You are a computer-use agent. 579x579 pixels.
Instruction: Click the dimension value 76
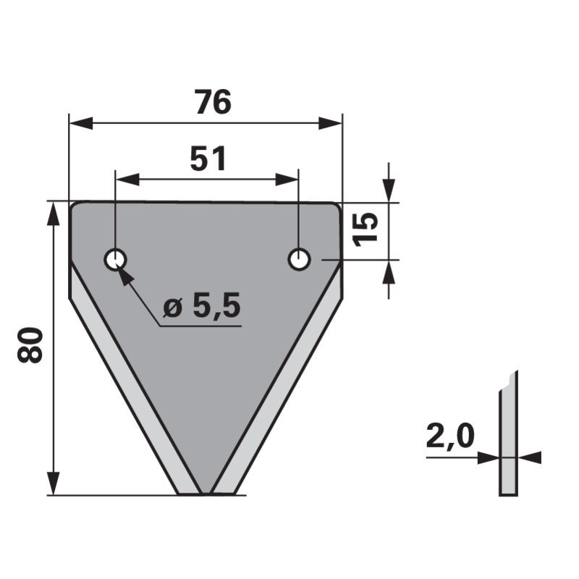coord(214,102)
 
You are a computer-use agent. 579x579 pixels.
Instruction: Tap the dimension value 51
coord(208,159)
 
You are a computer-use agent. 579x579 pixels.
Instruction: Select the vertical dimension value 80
coord(30,345)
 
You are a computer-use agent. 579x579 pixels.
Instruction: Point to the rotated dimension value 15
coord(365,229)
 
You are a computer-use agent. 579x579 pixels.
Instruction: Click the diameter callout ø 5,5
coord(202,305)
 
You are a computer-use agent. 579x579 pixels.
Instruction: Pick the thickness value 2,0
coord(449,436)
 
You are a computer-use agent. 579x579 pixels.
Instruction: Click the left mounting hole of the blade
coord(115,260)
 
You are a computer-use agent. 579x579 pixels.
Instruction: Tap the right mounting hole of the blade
coord(299,259)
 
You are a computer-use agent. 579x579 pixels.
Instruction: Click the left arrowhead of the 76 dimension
coord(81,123)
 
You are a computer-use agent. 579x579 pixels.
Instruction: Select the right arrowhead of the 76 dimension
coord(330,123)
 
